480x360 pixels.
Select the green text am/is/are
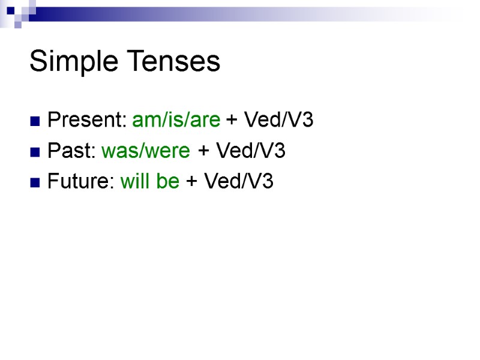176,121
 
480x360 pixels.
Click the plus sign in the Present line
232,121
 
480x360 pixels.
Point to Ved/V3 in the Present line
277,121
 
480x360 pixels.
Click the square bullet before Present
35,122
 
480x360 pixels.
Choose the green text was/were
146,151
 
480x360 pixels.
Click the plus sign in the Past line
203,152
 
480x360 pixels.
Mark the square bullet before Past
35,152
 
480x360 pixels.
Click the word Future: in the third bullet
82,182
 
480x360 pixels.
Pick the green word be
168,182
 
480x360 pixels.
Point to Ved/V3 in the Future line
238,182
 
